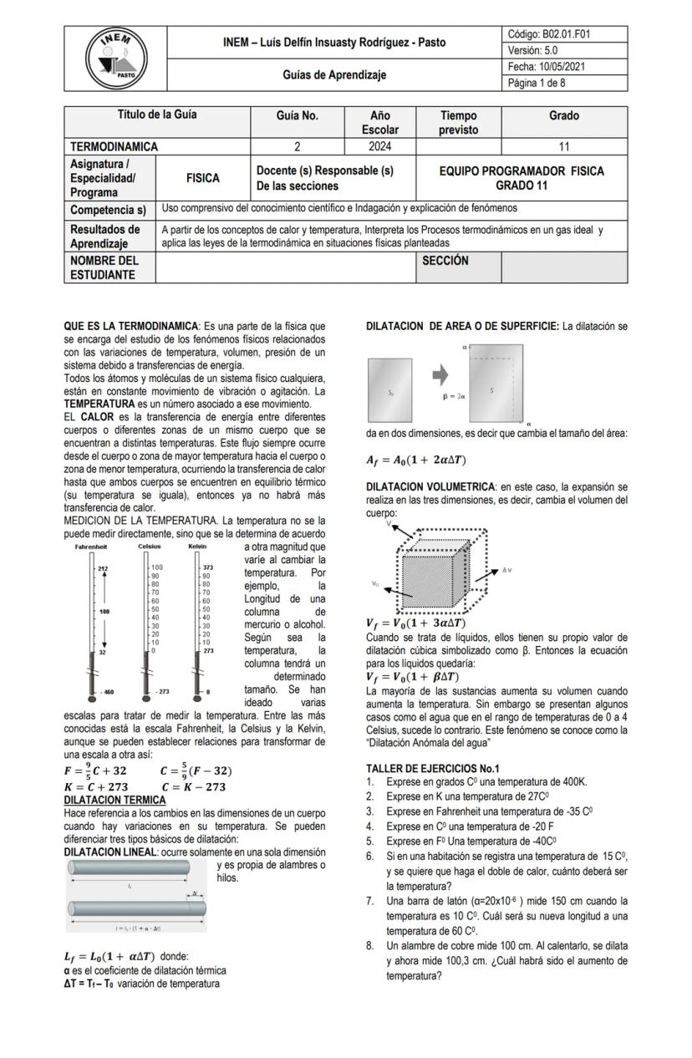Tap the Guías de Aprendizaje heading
333,75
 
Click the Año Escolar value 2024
379,147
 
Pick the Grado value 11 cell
563,147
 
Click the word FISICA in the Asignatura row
203,178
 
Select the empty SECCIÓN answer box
563,267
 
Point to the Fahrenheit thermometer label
89,546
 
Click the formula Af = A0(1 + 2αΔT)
415,460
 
